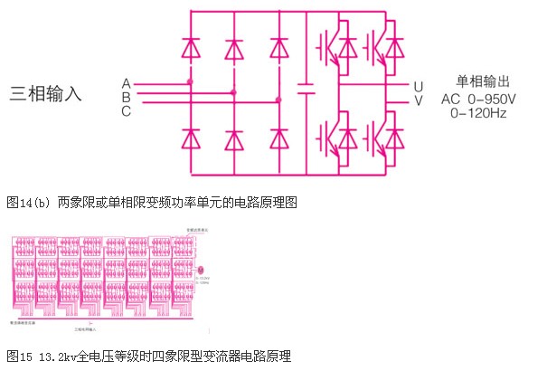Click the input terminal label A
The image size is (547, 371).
[127, 84]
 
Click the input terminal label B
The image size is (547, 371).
[127, 98]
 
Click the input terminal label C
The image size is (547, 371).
[127, 111]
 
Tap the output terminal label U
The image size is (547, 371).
[419, 87]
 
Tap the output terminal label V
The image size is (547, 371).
[419, 100]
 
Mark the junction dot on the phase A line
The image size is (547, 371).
[191, 82]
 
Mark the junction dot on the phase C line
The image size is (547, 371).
[278, 100]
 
